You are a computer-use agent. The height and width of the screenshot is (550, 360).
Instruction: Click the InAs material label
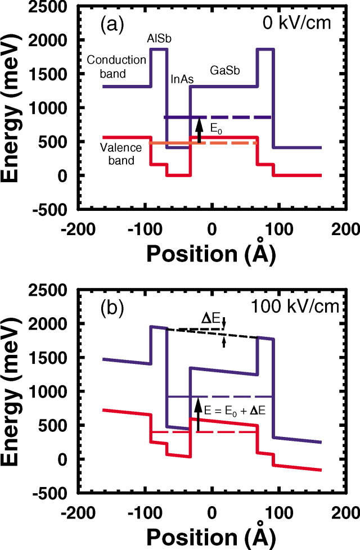pyautogui.click(x=182, y=79)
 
